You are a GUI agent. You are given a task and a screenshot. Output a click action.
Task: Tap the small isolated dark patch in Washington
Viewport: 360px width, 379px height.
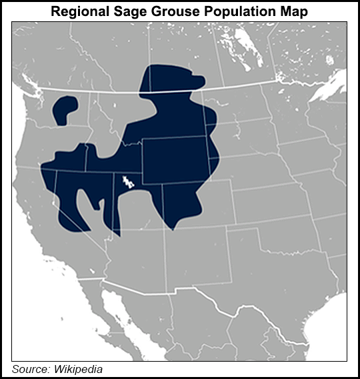[x=65, y=109]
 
